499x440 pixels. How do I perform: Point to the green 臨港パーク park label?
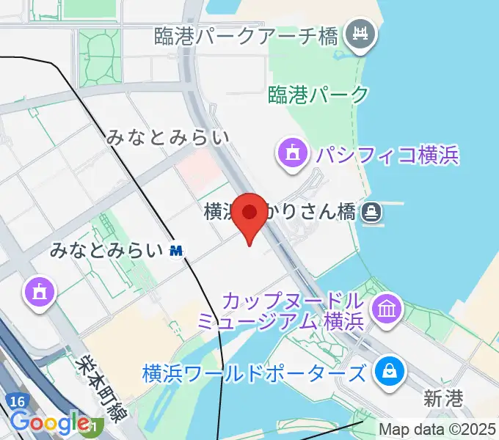[318, 94]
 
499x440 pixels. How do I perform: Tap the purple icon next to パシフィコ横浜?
[292, 154]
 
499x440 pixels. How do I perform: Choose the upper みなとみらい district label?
[167, 136]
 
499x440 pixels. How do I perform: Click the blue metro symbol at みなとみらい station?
[176, 251]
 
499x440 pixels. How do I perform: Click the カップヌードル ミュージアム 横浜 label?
[283, 311]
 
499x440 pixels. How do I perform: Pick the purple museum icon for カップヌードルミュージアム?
[385, 309]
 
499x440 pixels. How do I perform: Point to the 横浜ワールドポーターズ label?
[255, 373]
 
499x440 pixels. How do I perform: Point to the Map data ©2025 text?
[437, 429]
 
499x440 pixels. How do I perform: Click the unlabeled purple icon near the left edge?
[38, 292]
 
